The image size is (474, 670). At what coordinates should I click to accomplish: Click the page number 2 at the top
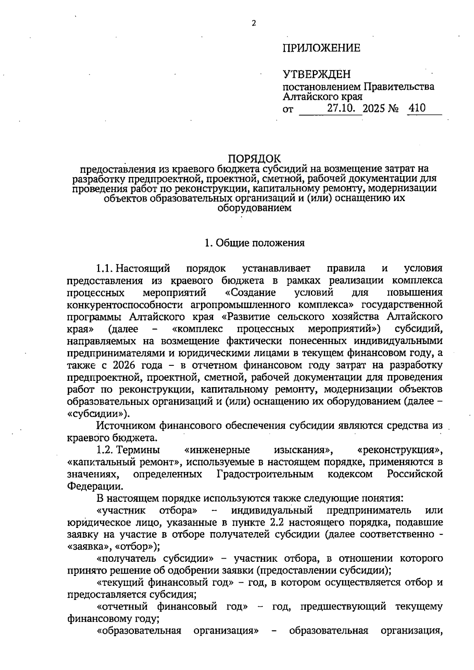254,23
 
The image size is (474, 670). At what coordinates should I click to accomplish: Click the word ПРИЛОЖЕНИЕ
321,48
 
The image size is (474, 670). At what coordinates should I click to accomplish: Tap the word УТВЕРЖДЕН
316,74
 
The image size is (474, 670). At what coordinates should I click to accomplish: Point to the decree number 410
417,108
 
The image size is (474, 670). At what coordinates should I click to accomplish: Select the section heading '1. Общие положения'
255,243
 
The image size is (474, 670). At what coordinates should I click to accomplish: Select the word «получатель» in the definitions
127,559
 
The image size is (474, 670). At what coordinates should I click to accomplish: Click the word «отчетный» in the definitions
122,607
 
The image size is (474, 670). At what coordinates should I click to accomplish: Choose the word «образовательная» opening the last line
139,630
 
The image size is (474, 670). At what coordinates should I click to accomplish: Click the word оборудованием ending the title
255,208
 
